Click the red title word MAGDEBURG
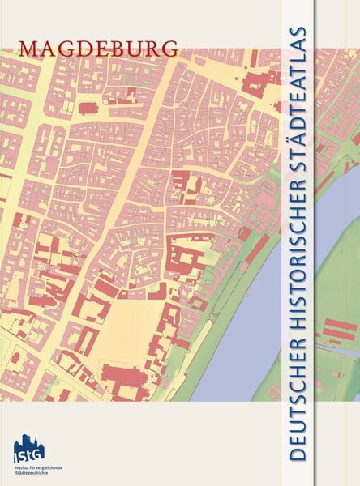[98, 48]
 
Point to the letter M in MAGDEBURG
[30, 48]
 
